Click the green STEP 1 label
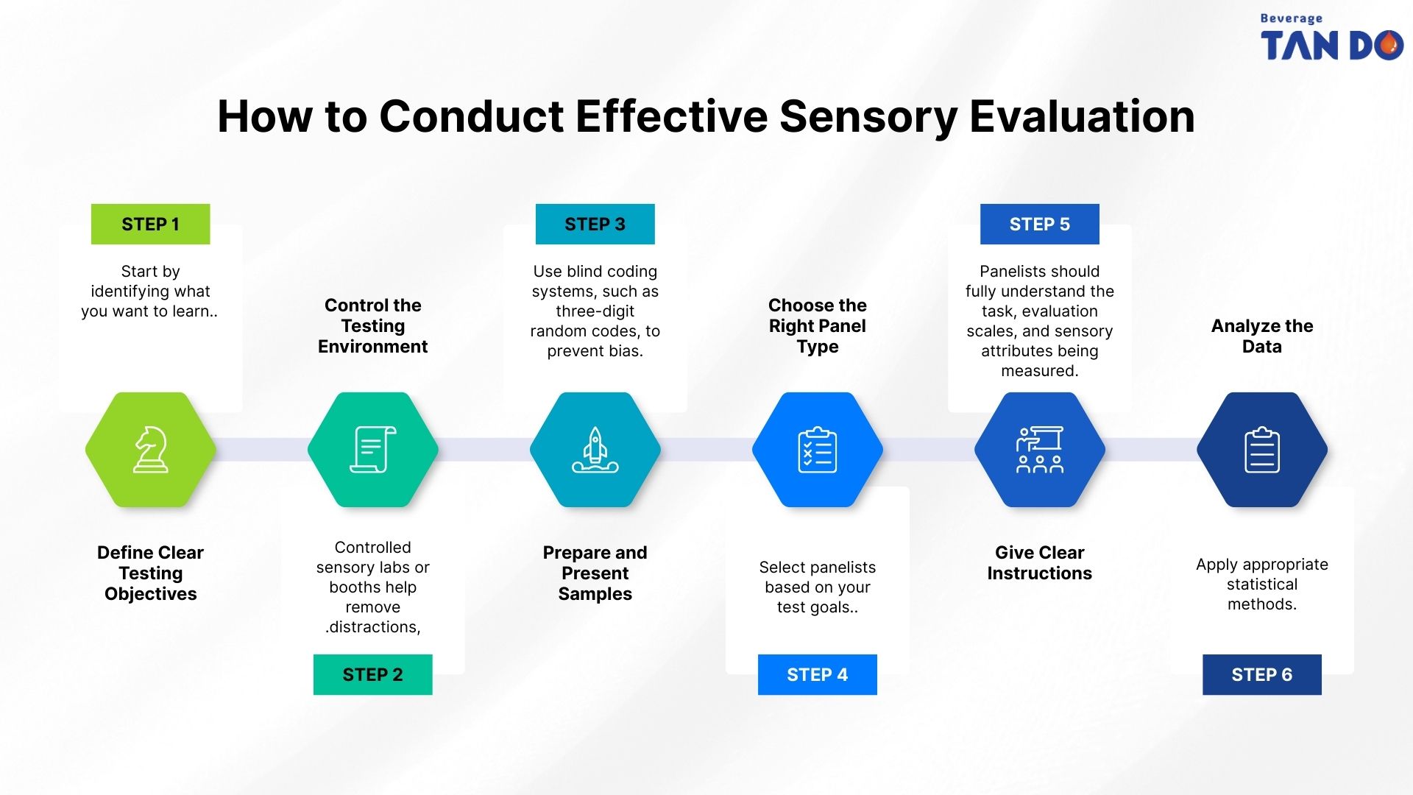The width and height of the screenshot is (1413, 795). [150, 225]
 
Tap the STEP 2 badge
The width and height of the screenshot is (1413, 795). [372, 674]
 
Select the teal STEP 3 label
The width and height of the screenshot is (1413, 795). [595, 225]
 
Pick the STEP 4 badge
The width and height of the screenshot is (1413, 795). [817, 674]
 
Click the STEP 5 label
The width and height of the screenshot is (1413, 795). [1039, 225]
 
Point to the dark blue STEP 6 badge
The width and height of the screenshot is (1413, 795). [1261, 674]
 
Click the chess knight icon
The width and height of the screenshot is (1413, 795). [151, 450]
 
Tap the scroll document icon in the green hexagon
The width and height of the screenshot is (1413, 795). [372, 450]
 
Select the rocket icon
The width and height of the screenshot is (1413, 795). [595, 450]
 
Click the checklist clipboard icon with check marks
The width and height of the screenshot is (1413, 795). [817, 450]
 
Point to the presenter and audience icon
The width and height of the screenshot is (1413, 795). [1039, 450]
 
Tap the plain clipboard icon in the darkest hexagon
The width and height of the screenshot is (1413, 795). [1261, 450]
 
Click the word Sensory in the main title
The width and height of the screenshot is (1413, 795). [868, 117]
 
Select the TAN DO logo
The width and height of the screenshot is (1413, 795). [1331, 40]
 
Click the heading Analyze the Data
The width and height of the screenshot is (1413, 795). [1261, 336]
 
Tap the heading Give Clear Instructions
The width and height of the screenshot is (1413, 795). [1039, 563]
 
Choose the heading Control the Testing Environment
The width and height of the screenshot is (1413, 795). [372, 326]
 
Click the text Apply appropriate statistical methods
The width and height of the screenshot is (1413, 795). [1261, 584]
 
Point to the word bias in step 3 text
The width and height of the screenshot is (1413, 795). [625, 352]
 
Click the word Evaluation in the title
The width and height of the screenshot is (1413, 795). [1082, 117]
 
